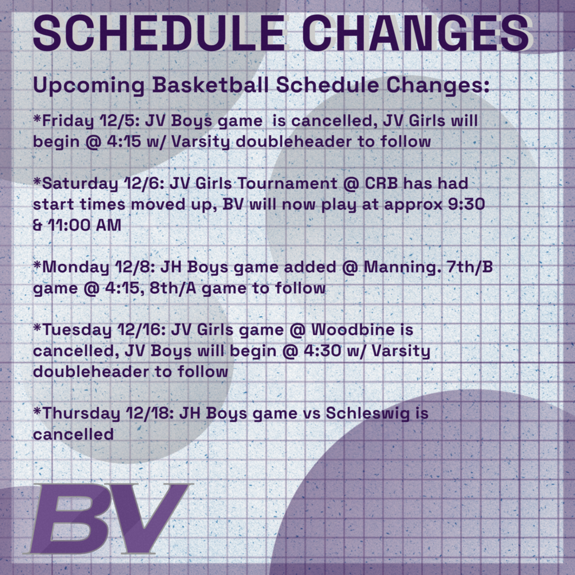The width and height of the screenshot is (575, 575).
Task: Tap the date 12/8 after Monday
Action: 129,268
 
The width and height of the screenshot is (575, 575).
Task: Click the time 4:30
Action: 289,351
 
